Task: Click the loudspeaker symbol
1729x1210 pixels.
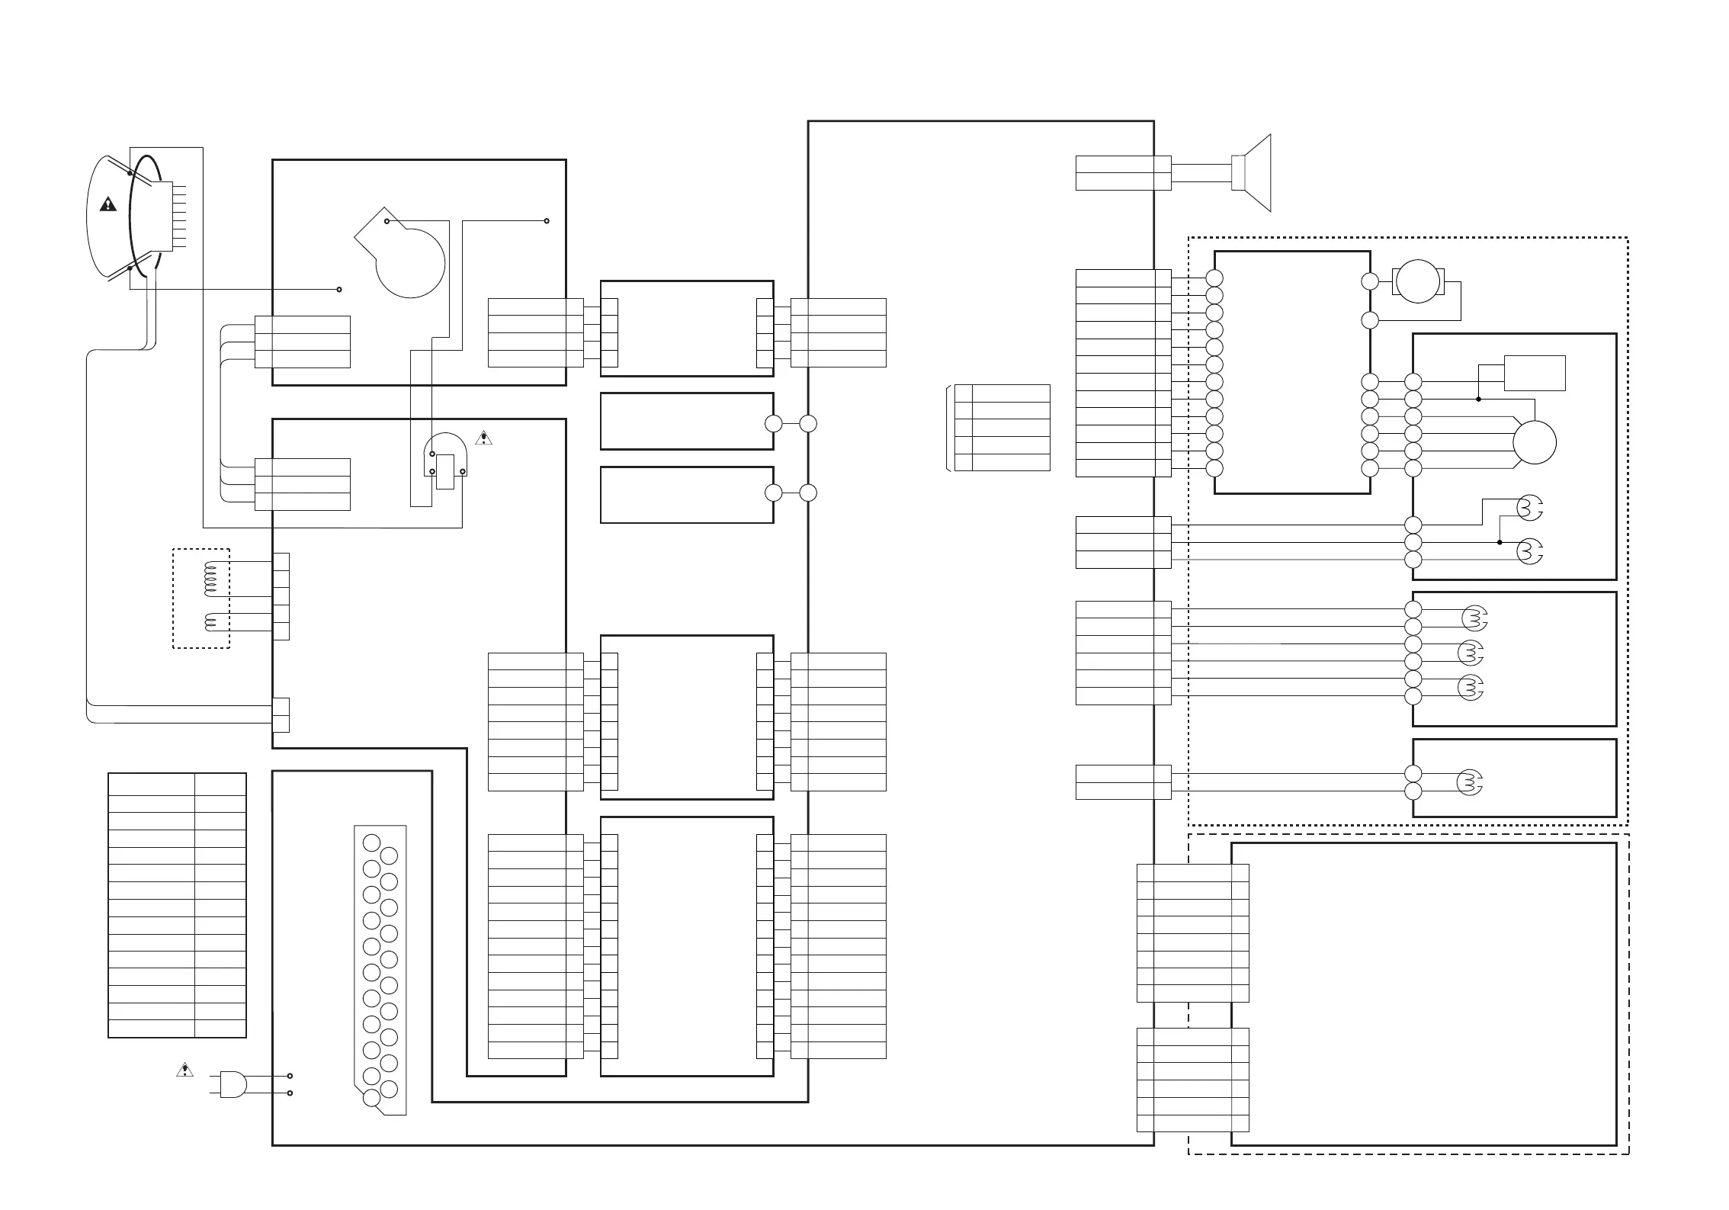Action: coord(1254,173)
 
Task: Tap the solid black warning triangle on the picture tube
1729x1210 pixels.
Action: coord(108,204)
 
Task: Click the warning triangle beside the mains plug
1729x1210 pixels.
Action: coord(184,1070)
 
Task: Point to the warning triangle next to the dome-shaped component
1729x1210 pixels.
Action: coord(483,438)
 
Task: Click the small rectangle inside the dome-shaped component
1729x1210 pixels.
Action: coord(445,471)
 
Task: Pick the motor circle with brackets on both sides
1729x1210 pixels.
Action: coord(1417,281)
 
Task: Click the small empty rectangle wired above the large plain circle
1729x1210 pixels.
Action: coord(1534,373)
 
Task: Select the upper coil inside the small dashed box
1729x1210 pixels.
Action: coord(212,579)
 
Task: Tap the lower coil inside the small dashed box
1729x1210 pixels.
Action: coord(212,621)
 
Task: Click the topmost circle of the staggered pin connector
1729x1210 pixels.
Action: coord(371,843)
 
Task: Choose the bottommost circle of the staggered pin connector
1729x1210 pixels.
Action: coord(371,1098)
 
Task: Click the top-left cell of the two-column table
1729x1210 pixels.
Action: coord(151,784)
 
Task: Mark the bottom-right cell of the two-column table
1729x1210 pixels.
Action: coord(220,1029)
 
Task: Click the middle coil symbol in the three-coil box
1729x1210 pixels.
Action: coord(1471,653)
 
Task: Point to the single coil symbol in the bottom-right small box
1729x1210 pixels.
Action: coord(1471,782)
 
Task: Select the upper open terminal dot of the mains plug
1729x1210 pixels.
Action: coord(290,1076)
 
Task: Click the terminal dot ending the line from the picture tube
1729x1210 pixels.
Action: coord(339,290)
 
